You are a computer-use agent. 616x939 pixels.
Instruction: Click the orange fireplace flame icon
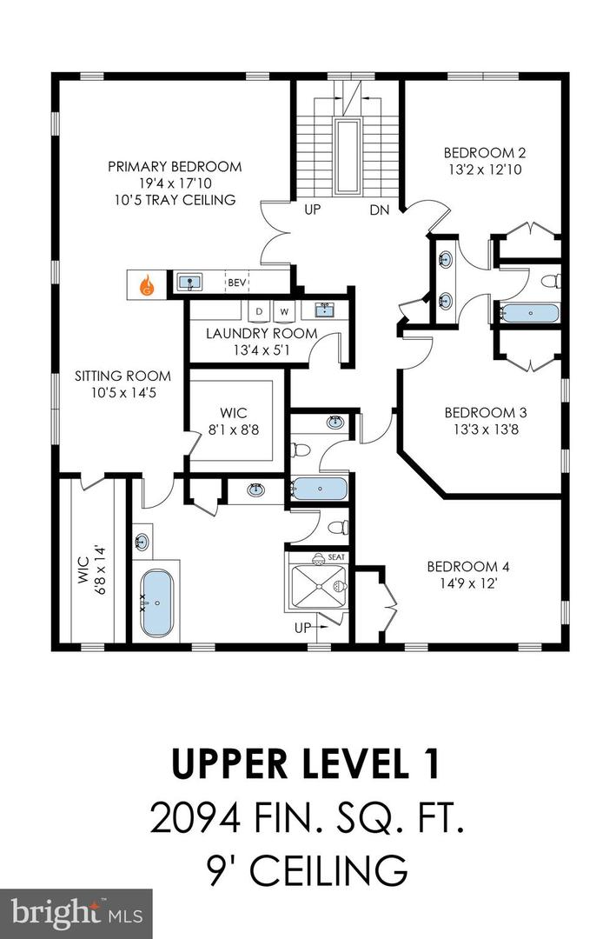(x=147, y=283)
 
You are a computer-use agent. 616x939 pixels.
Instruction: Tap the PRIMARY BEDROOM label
(x=175, y=166)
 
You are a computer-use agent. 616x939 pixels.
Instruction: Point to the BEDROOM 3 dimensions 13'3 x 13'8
(x=486, y=429)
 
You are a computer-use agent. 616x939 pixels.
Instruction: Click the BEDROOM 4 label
(x=467, y=567)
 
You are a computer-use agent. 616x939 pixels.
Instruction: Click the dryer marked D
(x=259, y=310)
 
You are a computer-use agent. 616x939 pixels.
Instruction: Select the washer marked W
(x=284, y=310)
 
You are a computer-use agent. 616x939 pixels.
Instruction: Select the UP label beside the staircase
(x=313, y=210)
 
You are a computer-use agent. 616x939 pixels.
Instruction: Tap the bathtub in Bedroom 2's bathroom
(x=530, y=313)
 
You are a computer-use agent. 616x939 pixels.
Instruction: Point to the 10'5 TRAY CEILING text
(x=175, y=200)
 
